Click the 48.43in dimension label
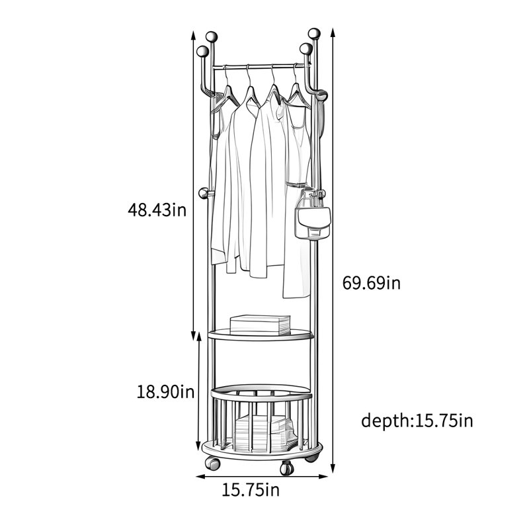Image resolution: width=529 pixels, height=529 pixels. tap(157, 210)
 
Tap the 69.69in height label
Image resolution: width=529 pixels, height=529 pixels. tap(372, 283)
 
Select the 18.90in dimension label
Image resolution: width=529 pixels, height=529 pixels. tap(165, 392)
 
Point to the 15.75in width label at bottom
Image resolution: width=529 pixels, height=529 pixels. tap(251, 490)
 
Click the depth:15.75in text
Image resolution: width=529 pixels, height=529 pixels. tap(417, 421)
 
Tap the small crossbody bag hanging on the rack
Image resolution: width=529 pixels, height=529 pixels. tap(313, 223)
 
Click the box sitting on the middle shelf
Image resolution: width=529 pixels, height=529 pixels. tap(260, 325)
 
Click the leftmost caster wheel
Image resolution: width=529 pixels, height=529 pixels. tap(212, 464)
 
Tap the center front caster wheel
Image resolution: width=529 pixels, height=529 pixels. tap(287, 468)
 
